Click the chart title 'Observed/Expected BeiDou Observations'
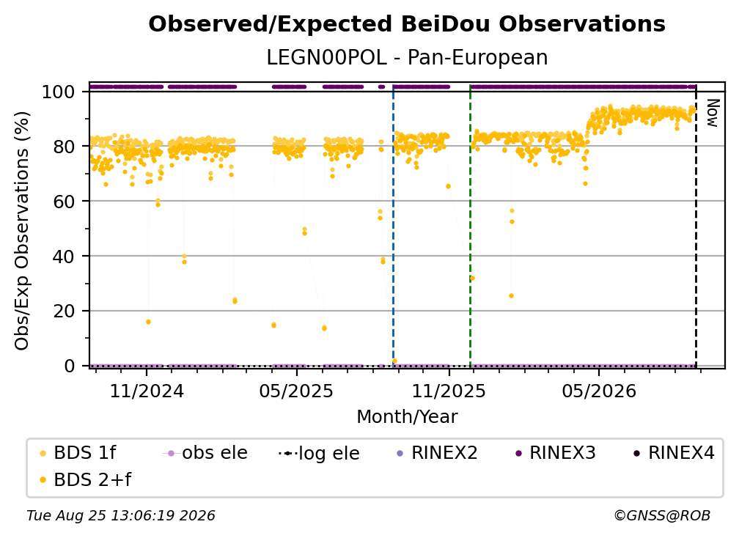click(x=407, y=24)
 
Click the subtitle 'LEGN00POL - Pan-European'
click(x=407, y=57)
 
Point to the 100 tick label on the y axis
click(x=59, y=92)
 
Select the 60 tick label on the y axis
click(x=64, y=201)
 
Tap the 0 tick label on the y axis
click(x=70, y=366)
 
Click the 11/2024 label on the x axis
click(x=147, y=391)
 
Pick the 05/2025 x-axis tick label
click(x=296, y=391)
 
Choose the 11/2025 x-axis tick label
click(x=449, y=391)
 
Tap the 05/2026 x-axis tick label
click(x=599, y=391)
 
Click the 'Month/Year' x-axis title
click(x=407, y=417)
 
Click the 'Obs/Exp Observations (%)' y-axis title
click(x=22, y=231)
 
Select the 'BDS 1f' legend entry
click(x=77, y=453)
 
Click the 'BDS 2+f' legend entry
click(x=85, y=479)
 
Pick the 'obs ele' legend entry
click(x=205, y=453)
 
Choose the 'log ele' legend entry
click(x=319, y=453)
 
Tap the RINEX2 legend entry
click(x=438, y=453)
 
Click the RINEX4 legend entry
click(x=674, y=453)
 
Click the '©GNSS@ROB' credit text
click(x=662, y=515)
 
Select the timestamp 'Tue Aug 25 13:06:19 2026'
click(x=121, y=515)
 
